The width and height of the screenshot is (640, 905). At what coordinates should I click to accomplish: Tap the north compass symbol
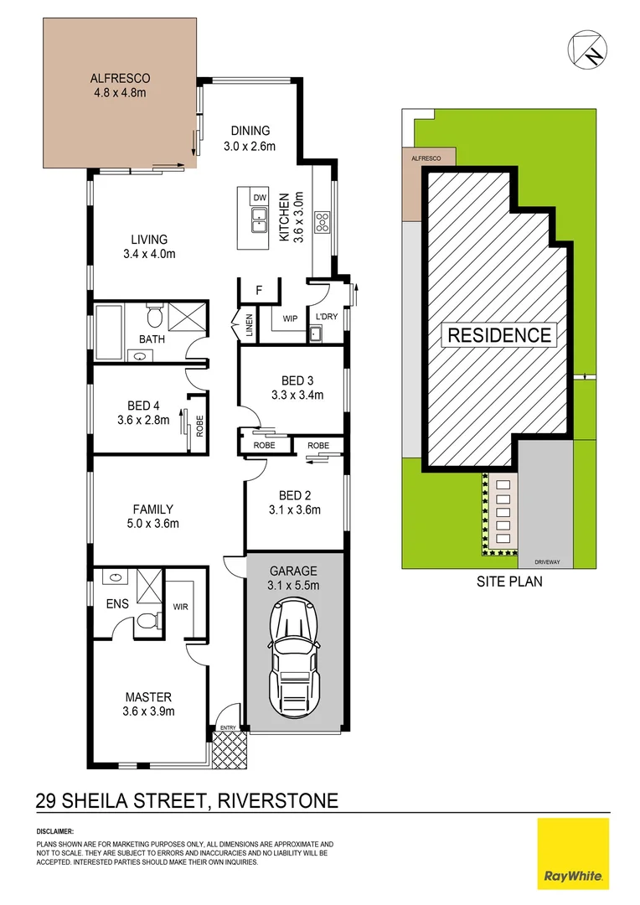(587, 48)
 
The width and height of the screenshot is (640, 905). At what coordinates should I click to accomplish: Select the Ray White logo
(573, 854)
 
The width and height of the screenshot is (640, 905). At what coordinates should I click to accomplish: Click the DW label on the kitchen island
(260, 198)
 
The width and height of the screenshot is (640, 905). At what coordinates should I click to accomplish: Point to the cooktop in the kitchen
(322, 222)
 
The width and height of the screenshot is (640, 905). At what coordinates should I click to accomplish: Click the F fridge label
(260, 290)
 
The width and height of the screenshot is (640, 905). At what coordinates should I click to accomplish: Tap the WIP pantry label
(291, 318)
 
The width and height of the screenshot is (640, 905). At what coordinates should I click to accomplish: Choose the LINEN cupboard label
(249, 323)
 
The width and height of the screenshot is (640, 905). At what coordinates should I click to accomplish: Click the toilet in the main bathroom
(154, 317)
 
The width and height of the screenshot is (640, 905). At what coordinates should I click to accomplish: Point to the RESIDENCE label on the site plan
(500, 336)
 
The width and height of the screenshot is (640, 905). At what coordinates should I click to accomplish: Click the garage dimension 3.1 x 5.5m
(292, 586)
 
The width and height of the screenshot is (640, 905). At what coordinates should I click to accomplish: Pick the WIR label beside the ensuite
(180, 605)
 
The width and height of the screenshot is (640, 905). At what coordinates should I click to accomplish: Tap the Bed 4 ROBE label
(200, 428)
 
